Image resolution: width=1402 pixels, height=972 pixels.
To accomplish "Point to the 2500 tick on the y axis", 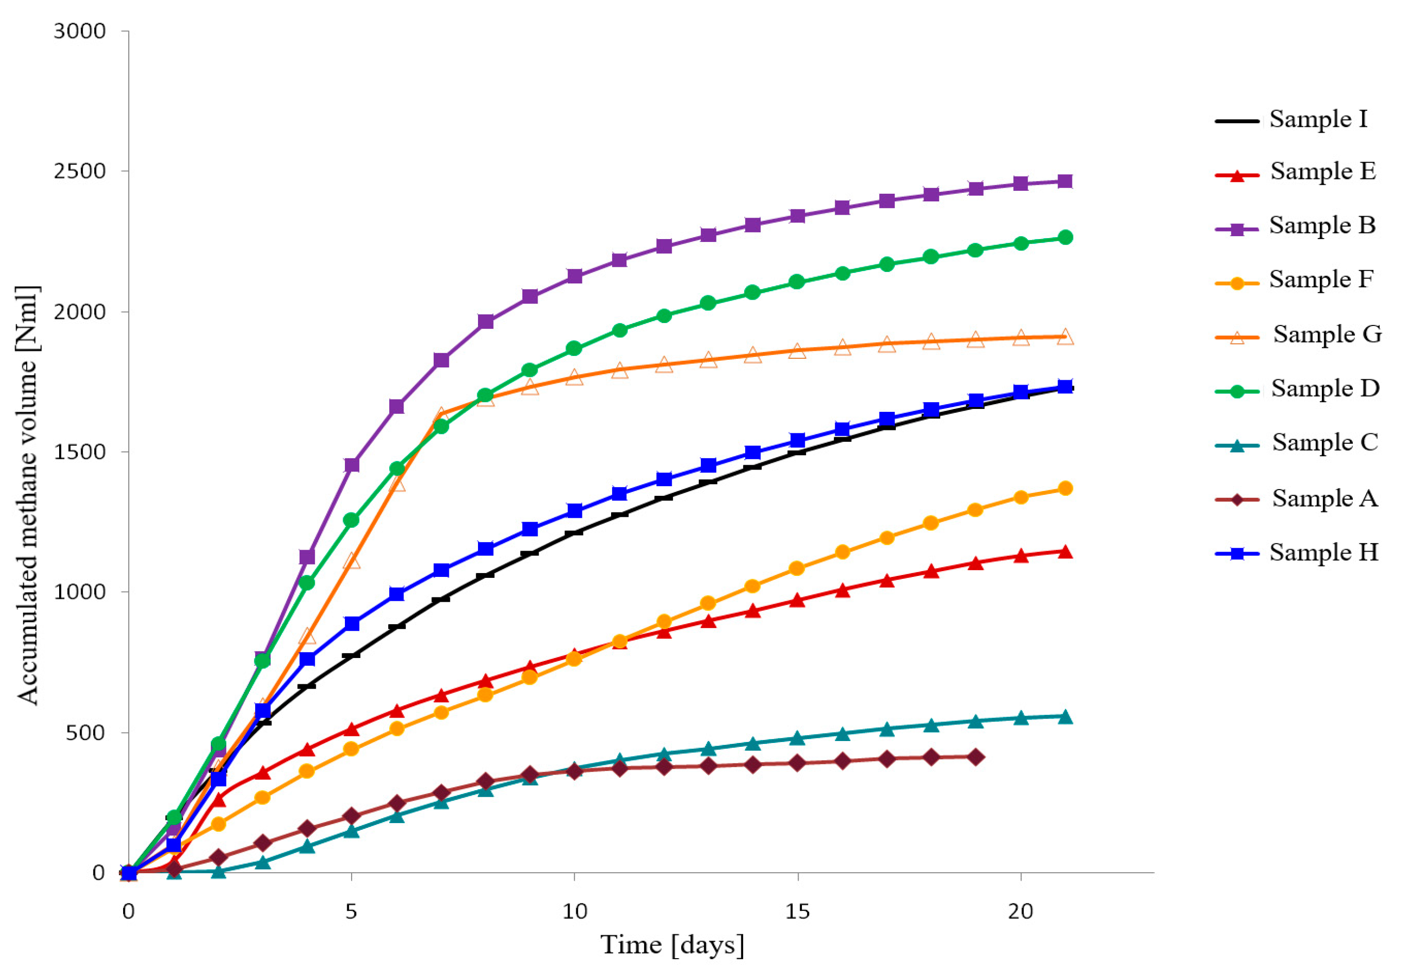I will tap(79, 171).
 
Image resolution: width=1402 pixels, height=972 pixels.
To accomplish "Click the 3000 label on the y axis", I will tap(79, 31).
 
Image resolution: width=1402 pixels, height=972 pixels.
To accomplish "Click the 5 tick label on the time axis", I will tap(351, 911).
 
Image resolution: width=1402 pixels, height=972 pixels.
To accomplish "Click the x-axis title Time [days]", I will tap(672, 945).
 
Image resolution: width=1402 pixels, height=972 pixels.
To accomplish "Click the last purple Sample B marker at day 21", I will tap(1065, 181).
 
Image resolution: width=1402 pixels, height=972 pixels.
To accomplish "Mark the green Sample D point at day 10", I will tap(574, 349).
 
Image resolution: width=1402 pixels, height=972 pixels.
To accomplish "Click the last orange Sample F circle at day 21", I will tap(1065, 489).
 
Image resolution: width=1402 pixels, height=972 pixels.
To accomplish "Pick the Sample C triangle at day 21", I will tap(1065, 717).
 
